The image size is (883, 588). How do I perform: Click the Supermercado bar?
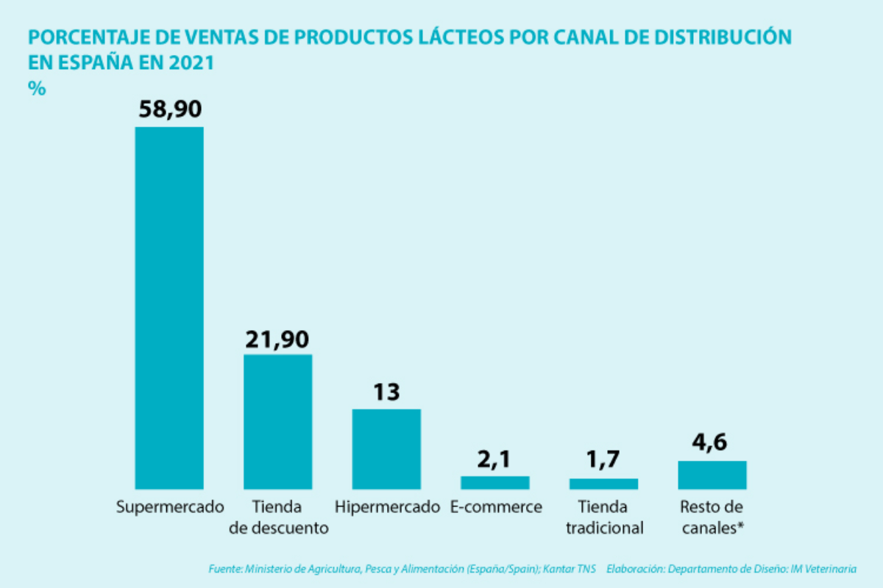click(x=169, y=307)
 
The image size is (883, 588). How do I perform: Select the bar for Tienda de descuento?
click(x=278, y=421)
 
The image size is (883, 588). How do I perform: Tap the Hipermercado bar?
click(x=386, y=448)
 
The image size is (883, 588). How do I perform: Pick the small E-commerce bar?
click(x=494, y=482)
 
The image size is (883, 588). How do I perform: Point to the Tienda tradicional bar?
click(x=603, y=484)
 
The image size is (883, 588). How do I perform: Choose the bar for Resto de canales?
click(x=712, y=474)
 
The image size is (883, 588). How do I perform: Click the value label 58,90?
click(x=170, y=110)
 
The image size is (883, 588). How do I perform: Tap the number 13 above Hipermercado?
click(x=386, y=392)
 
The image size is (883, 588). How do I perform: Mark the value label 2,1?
click(x=494, y=460)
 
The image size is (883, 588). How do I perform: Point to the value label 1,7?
click(x=603, y=462)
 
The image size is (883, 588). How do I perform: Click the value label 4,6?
click(x=712, y=444)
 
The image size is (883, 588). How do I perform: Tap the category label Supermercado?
click(x=170, y=507)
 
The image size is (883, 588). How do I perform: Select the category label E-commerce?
click(x=494, y=507)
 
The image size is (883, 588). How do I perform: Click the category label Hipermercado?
click(x=387, y=507)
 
